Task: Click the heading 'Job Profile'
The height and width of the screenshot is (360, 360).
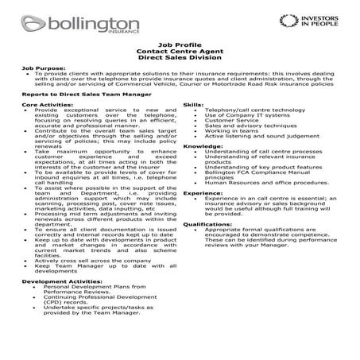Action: [x=179, y=48]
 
